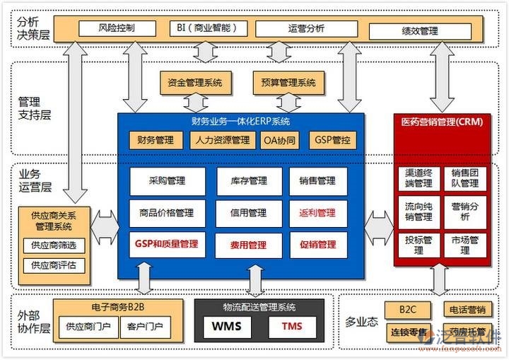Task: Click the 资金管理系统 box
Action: click(x=195, y=83)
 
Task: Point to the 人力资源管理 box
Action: click(x=222, y=140)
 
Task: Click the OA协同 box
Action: click(x=279, y=140)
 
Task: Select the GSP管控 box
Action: click(x=332, y=140)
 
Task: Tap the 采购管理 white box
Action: click(x=168, y=181)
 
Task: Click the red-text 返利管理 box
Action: click(x=317, y=213)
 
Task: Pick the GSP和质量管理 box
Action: click(x=168, y=245)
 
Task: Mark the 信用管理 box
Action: click(x=247, y=213)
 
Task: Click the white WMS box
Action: click(x=227, y=327)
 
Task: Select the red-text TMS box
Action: click(x=292, y=327)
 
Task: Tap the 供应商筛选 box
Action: click(x=54, y=245)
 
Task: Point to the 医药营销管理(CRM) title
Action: click(x=442, y=122)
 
